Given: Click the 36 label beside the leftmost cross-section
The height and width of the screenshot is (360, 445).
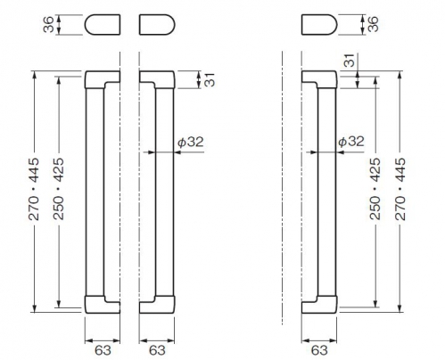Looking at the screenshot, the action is coord(48,24).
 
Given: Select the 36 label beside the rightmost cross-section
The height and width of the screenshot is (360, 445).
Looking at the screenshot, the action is coord(373,24).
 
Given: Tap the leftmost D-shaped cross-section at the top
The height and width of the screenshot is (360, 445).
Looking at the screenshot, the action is coord(103,25).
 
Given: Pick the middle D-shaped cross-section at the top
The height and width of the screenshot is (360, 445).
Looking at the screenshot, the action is coord(157,25).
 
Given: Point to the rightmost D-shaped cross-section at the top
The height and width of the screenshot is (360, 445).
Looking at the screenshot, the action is coord(319,25).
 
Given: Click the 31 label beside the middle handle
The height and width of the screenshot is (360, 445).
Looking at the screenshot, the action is coord(210,79).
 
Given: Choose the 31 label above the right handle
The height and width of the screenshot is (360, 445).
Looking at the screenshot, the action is coord(350,61).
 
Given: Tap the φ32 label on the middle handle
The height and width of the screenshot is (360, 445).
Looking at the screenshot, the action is coord(191,142).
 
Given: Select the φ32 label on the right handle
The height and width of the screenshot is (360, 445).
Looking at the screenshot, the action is coord(351,142).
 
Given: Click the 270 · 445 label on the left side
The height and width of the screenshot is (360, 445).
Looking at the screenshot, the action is coord(34,189).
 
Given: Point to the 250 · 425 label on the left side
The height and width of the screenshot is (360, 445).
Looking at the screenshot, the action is coord(59,189).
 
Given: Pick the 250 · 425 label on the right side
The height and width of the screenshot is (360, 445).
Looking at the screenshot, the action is coord(375,189).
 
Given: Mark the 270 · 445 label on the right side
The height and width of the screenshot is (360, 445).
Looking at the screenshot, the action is coord(400,189).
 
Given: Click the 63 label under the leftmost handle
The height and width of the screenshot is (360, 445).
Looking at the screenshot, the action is coord(103,350).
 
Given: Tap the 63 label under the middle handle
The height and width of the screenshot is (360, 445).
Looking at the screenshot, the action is coord(157,350).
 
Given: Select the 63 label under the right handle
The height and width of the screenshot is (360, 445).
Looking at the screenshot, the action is coord(319,350).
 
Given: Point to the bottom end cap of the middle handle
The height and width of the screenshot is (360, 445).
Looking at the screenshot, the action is coord(164,306).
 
